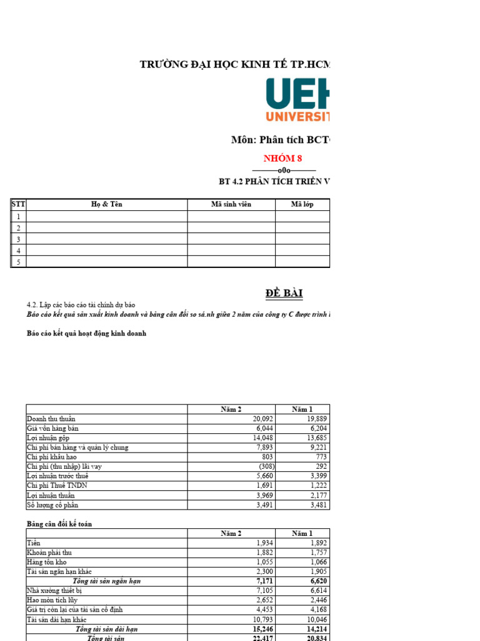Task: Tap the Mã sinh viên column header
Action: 231,205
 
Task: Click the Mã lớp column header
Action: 302,205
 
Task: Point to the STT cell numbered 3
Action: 18,239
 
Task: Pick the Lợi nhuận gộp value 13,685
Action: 316,438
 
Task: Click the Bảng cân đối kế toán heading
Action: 59,523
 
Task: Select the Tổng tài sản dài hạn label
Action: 106,628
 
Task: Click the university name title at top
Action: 235,65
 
